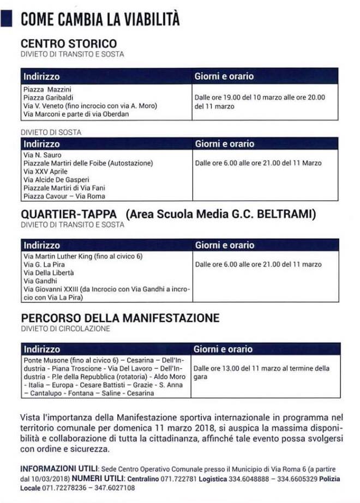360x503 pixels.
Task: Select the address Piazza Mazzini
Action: pos(48,89)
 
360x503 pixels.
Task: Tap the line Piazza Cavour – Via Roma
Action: pos(64,196)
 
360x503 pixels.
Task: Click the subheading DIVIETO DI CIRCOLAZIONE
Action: pos(65,329)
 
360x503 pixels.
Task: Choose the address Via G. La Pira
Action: pos(45,264)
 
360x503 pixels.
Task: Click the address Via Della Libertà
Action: pos(49,272)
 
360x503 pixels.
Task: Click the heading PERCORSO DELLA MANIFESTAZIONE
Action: pos(120,317)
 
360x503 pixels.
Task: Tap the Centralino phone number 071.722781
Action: pos(183,478)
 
